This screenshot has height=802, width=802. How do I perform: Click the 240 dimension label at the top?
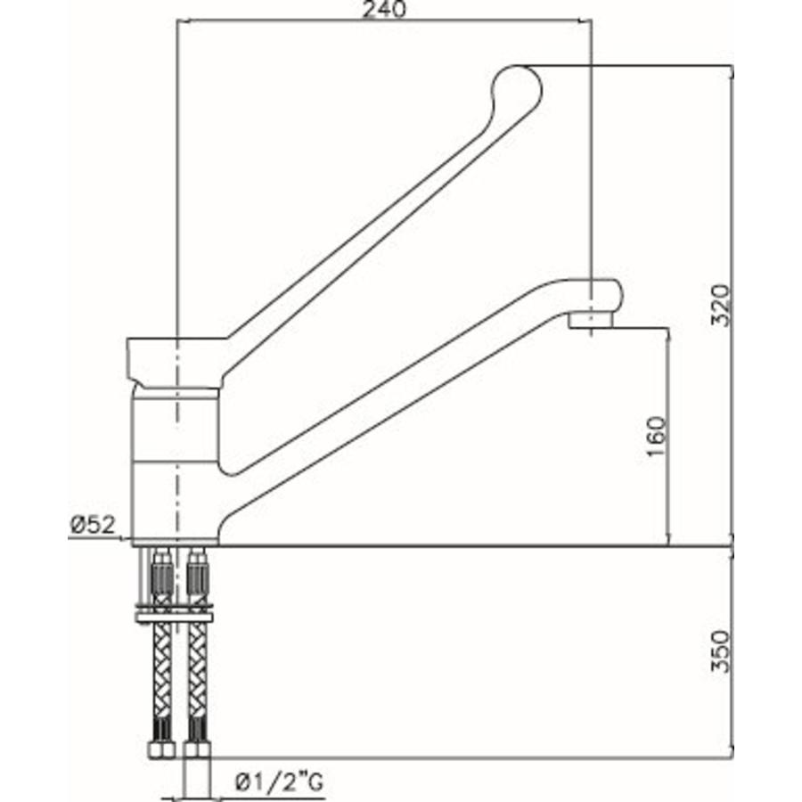point(385,10)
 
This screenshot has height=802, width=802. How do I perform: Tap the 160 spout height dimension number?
point(655,436)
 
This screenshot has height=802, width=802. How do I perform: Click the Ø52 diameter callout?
point(93,526)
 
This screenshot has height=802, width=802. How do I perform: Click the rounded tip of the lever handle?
point(517,88)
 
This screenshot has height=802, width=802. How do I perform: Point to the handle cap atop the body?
point(175,361)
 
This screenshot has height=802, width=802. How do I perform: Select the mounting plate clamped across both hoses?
point(176,615)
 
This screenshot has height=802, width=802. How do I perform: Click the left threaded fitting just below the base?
point(161,575)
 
